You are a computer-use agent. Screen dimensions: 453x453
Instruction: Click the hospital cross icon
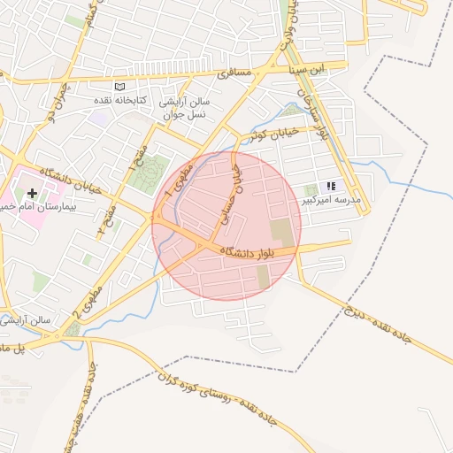point(33,192)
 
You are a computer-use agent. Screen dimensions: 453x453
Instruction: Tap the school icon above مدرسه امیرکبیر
point(331,187)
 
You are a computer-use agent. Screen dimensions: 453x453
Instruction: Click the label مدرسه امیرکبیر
point(331,200)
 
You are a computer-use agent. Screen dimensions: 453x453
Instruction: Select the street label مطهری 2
point(85,300)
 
